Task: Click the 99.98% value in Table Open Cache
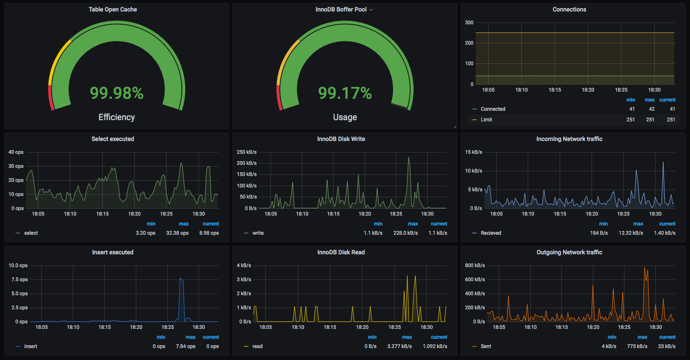click(x=117, y=93)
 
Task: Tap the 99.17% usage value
click(x=345, y=93)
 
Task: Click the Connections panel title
click(x=569, y=9)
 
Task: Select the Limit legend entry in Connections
click(x=486, y=120)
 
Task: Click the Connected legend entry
click(x=492, y=109)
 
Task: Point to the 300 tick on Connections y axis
click(x=469, y=23)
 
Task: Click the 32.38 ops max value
click(x=177, y=233)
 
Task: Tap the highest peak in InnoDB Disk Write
click(x=408, y=158)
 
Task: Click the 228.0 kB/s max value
click(x=405, y=233)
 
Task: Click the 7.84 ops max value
click(x=185, y=346)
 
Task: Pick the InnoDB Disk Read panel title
click(x=341, y=252)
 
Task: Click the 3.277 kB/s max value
click(x=399, y=346)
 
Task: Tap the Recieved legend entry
click(x=491, y=233)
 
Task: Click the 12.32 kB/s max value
click(x=630, y=233)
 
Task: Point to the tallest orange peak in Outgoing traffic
click(x=645, y=268)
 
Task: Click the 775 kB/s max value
click(x=637, y=346)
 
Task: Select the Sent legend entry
click(x=486, y=346)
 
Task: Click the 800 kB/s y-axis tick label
click(x=474, y=265)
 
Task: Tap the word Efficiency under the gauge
click(x=117, y=117)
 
